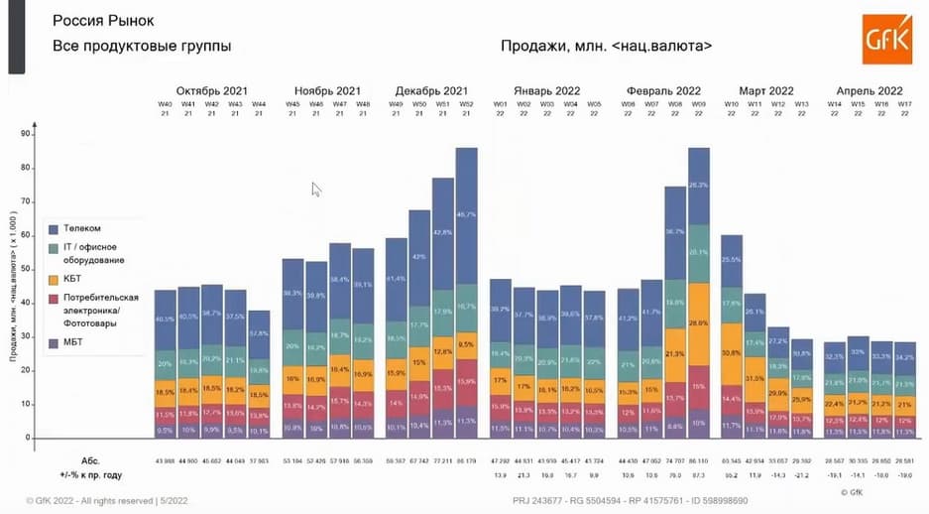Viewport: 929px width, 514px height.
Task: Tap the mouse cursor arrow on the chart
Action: [x=315, y=189]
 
